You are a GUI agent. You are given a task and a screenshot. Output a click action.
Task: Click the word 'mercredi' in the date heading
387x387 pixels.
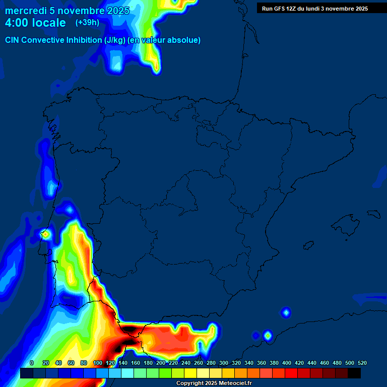click(x=26, y=11)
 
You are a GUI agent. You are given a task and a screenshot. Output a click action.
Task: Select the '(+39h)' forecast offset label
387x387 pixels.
click(x=87, y=23)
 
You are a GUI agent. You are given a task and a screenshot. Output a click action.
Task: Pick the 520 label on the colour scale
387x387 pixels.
click(x=362, y=363)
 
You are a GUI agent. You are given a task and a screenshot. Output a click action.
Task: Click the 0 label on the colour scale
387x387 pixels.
click(x=32, y=363)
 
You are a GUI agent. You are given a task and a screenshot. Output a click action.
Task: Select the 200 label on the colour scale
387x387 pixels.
click(x=161, y=363)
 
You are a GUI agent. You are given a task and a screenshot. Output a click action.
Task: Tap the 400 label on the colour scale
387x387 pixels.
click(x=287, y=363)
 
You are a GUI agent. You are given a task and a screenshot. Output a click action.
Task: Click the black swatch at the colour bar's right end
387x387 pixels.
click(x=354, y=373)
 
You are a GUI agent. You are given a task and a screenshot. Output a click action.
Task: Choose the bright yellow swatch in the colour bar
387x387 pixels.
click(x=190, y=373)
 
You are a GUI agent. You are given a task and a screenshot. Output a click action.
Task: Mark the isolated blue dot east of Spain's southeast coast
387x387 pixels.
click(x=286, y=313)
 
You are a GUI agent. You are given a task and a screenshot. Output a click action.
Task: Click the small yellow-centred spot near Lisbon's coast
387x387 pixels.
click(x=45, y=234)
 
